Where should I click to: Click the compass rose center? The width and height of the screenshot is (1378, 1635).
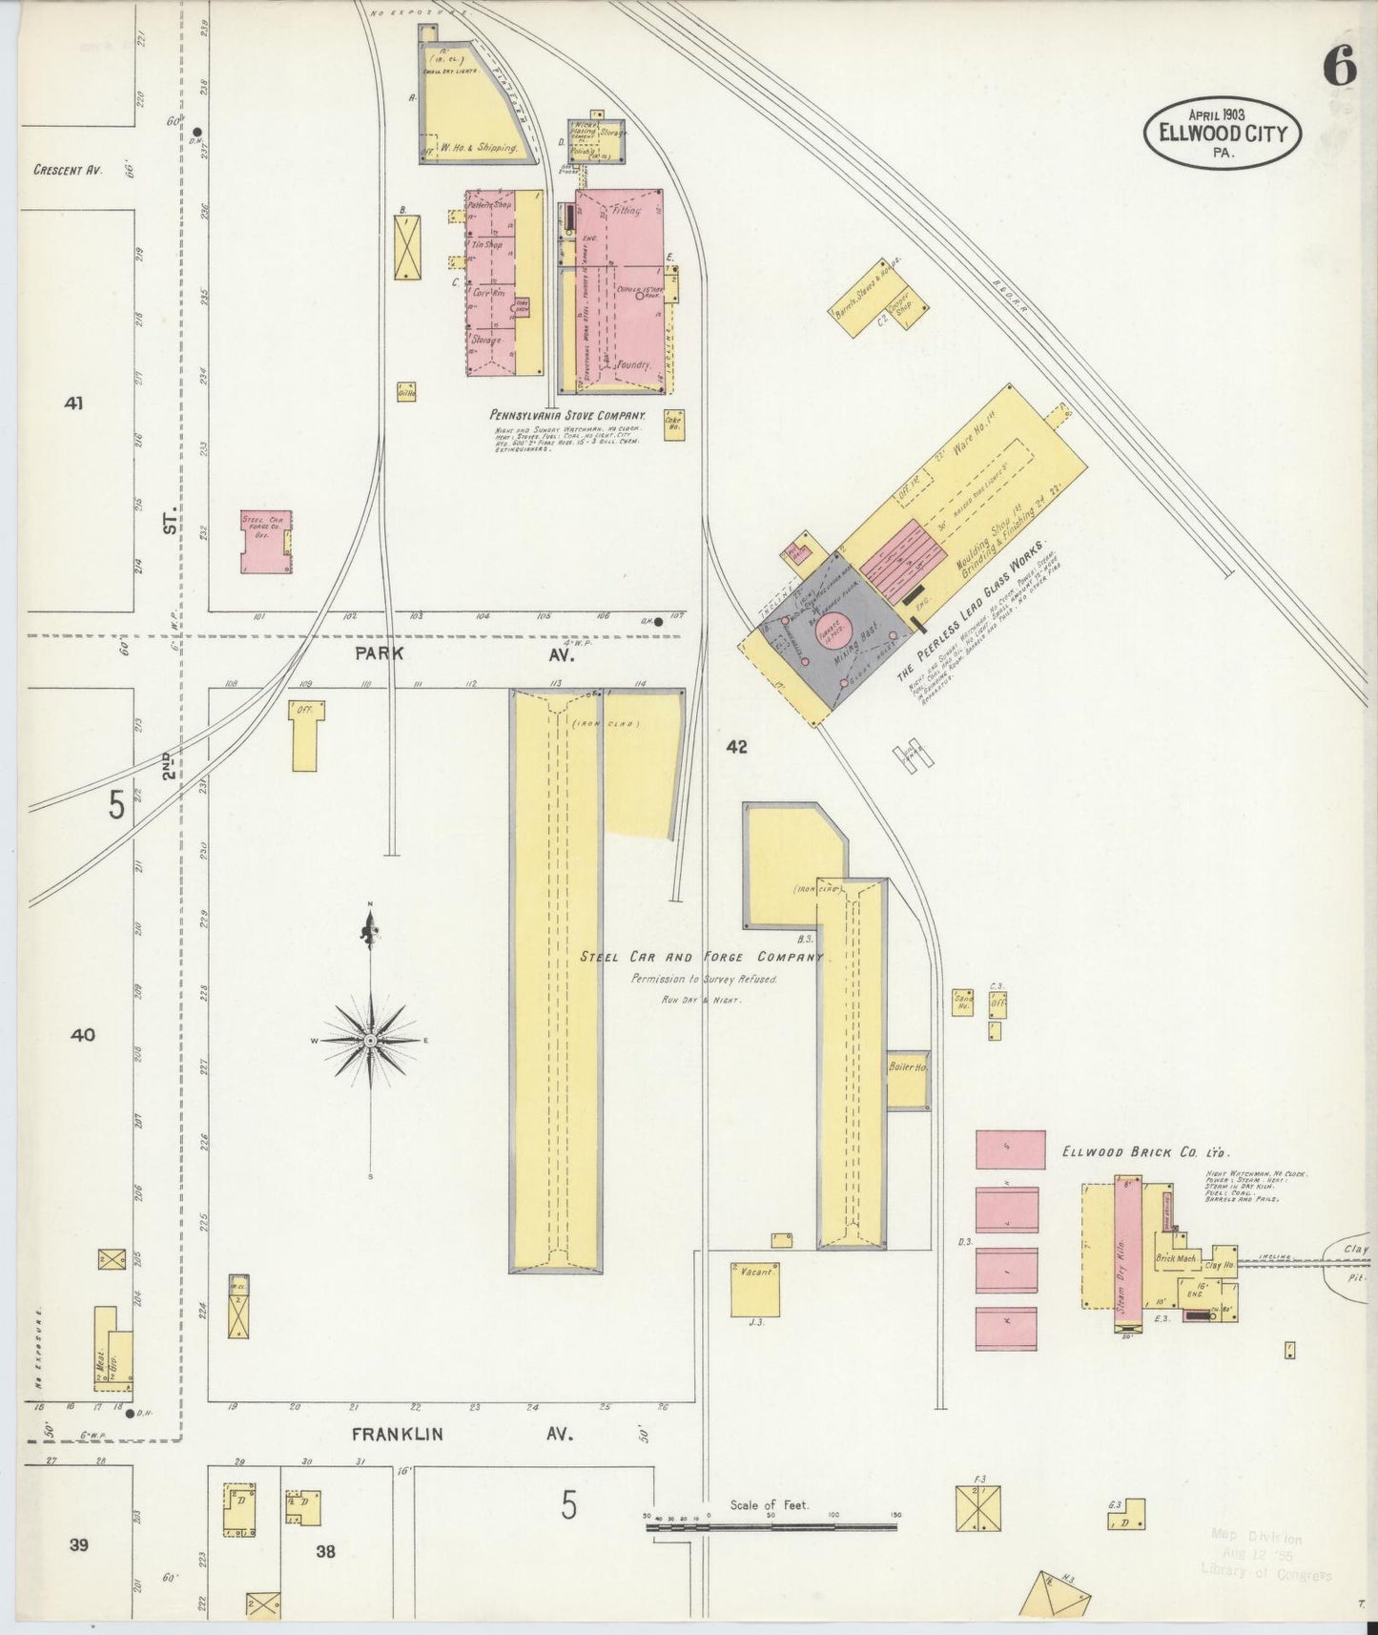coord(370,1040)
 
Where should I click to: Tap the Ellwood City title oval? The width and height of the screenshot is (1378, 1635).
coord(1222,135)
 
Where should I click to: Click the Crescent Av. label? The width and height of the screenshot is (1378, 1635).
coord(68,170)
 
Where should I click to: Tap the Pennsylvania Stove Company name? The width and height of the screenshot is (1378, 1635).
coord(567,416)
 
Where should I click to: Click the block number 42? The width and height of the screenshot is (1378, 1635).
coord(736,747)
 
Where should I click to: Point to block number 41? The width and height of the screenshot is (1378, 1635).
coord(73,404)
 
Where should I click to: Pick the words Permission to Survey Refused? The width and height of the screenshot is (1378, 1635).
coord(704,980)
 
